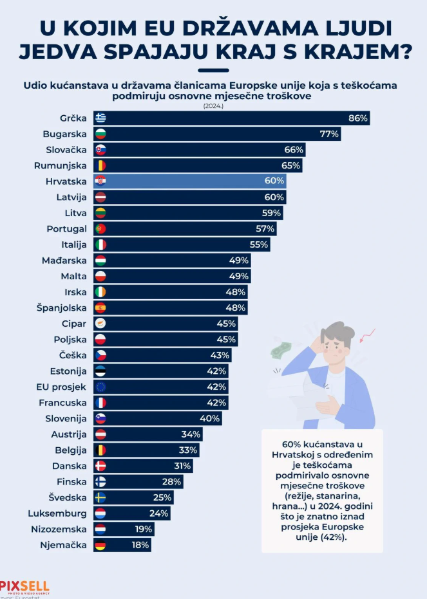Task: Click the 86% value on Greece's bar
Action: (x=357, y=118)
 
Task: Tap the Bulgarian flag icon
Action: (x=100, y=134)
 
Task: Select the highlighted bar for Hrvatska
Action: (x=193, y=181)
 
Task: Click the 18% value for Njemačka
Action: (x=140, y=545)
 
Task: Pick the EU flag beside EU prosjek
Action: (x=100, y=387)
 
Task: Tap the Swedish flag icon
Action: (x=100, y=497)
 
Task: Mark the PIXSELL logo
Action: (x=24, y=586)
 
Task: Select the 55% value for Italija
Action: (x=259, y=244)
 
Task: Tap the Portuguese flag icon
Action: (x=100, y=228)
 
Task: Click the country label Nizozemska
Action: (x=59, y=529)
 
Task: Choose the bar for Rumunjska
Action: (x=193, y=165)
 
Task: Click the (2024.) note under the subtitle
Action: (x=213, y=106)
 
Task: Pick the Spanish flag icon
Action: (x=100, y=308)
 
